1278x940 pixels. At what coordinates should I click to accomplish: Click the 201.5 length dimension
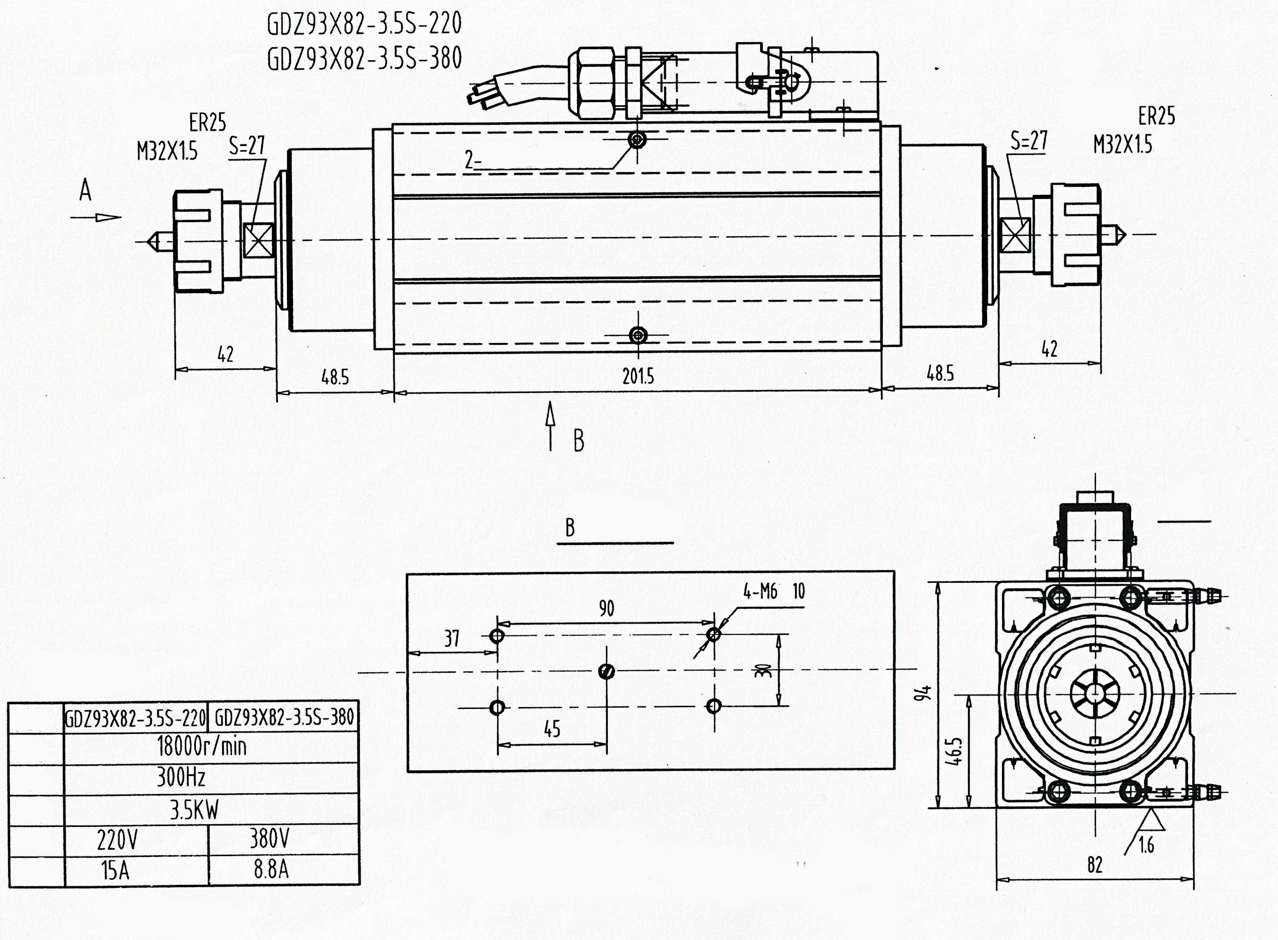coord(638,376)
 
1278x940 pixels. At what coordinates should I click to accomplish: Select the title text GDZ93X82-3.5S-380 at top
coord(364,59)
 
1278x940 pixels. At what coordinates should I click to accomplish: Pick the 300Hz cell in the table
coord(181,777)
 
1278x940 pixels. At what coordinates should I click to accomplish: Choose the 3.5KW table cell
coord(194,809)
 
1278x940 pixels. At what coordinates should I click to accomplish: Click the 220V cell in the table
coord(117,839)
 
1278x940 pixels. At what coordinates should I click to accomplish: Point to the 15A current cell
coord(115,871)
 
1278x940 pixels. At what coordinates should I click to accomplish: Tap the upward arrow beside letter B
coord(550,426)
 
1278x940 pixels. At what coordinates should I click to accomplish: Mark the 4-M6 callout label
coord(760,592)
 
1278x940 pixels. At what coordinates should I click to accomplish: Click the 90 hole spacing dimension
coord(607,609)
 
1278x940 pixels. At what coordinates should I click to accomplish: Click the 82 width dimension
coord(1095,865)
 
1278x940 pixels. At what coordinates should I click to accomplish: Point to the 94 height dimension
coord(927,693)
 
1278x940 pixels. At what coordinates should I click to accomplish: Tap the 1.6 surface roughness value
coord(1146,846)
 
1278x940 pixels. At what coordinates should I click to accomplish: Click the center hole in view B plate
coord(607,671)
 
